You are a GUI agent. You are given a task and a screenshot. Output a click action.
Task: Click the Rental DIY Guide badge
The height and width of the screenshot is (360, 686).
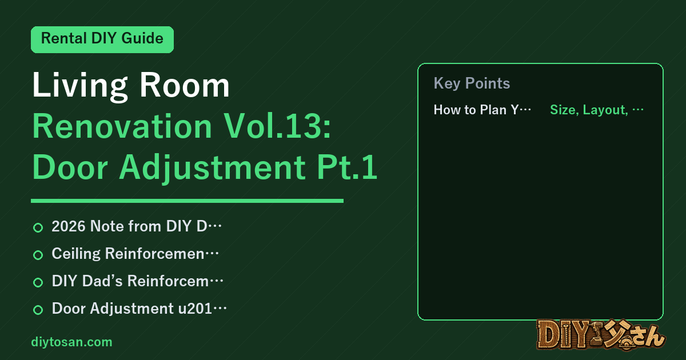tap(102, 39)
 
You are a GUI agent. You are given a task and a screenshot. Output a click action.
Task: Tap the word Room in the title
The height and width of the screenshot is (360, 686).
tap(184, 85)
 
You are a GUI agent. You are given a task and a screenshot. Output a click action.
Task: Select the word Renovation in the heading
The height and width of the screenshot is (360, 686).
tap(122, 126)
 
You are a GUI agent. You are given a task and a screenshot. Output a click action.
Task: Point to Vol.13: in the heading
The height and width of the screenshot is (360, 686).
tap(278, 126)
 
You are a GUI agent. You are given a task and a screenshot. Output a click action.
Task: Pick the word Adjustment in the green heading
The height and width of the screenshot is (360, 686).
tap(212, 169)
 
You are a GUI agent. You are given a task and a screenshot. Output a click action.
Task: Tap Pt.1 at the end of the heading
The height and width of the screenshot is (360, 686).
tap(347, 167)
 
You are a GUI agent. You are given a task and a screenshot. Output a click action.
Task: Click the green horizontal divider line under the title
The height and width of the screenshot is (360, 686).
tap(187, 201)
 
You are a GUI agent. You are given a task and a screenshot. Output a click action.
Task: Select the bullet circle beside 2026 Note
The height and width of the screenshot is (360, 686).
tap(38, 227)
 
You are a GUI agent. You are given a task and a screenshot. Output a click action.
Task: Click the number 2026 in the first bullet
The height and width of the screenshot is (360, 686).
tap(69, 226)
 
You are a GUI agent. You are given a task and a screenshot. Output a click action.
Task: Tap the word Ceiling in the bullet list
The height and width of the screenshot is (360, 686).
tap(76, 254)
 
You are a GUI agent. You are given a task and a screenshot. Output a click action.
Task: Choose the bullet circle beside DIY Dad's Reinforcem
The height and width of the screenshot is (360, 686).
tap(38, 282)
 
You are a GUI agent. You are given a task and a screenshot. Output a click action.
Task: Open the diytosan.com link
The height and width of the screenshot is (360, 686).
tap(71, 342)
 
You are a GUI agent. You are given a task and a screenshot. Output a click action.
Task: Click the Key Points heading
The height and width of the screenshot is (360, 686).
tap(472, 83)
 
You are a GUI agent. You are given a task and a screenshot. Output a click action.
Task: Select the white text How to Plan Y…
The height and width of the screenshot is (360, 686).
tap(482, 110)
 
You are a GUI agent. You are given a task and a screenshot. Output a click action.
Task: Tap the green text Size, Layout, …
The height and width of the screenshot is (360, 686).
tap(597, 110)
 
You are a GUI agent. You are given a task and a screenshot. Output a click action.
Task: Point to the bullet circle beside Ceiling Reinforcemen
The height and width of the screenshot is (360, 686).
tap(38, 255)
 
